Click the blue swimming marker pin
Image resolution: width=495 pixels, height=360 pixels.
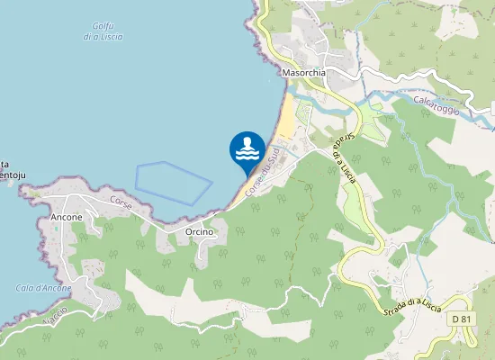click(x=247, y=150)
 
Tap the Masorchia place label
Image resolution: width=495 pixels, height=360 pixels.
click(x=302, y=71)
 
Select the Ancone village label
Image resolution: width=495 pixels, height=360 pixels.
click(x=67, y=217)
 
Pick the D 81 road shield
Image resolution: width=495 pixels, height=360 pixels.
click(x=462, y=319)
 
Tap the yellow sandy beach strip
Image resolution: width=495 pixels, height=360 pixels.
click(x=285, y=116)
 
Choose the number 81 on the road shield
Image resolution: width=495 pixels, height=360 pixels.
click(x=466, y=319)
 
